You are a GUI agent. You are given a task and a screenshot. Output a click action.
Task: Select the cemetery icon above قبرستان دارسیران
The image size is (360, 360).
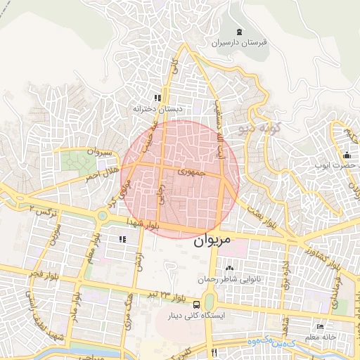(240, 32)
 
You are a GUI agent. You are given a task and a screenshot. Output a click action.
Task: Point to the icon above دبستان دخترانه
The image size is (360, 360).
(158, 98)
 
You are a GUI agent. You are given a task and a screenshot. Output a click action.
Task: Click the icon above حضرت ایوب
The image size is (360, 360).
(346, 155)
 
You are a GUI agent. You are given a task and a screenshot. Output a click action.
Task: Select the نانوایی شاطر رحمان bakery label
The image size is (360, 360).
(230, 279)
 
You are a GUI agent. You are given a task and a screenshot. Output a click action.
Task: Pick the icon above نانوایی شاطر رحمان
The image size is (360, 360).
(229, 268)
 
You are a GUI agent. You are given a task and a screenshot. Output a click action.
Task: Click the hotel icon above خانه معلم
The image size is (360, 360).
(321, 327)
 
